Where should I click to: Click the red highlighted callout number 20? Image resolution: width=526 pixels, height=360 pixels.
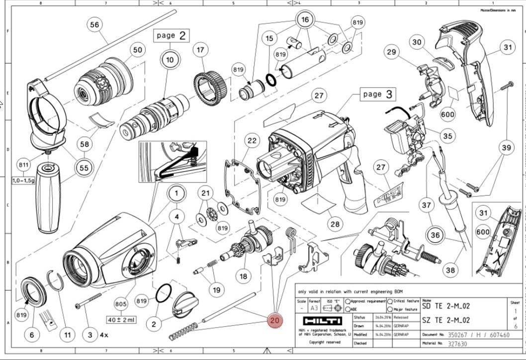point(274,321)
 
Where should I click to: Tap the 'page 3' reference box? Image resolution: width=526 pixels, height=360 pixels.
point(377,94)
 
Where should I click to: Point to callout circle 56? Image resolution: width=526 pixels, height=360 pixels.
point(94,24)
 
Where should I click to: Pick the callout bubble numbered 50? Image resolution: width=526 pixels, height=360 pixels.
point(137,50)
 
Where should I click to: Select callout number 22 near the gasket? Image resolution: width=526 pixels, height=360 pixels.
point(252,141)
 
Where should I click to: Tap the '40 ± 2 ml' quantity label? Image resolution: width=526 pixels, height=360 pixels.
point(120,319)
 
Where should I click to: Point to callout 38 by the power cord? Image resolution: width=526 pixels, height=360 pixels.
point(450,270)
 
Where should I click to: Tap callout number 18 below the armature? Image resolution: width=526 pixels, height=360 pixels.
point(243,276)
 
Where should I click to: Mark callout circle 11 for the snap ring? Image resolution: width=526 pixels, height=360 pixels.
point(68,335)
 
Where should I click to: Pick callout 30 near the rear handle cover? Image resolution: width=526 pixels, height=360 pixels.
point(417,42)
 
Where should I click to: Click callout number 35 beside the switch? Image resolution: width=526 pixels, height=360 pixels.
point(447,136)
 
